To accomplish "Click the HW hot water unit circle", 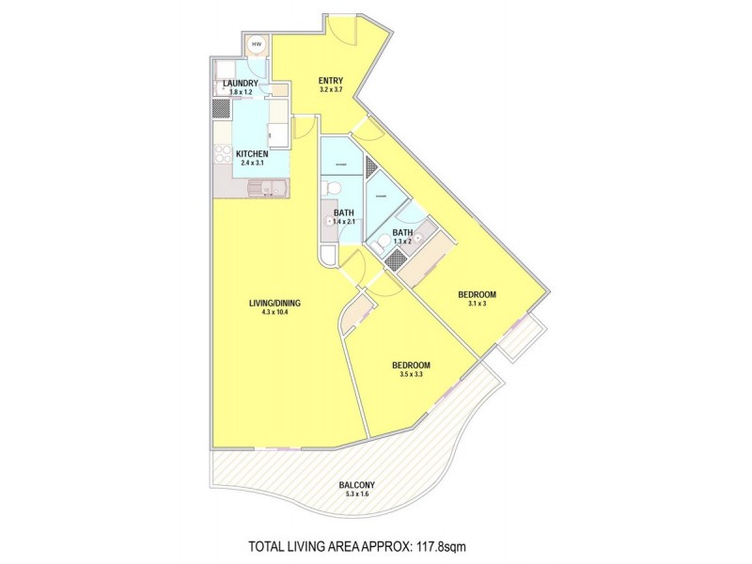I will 256,42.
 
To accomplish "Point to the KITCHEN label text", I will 252,154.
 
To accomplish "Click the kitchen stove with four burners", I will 223,157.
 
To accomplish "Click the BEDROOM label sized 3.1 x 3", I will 477,294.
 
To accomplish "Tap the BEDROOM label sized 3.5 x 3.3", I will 411,365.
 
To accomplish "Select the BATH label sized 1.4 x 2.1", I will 343,213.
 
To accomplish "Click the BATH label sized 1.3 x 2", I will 402,232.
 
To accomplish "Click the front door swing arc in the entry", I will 346,31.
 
